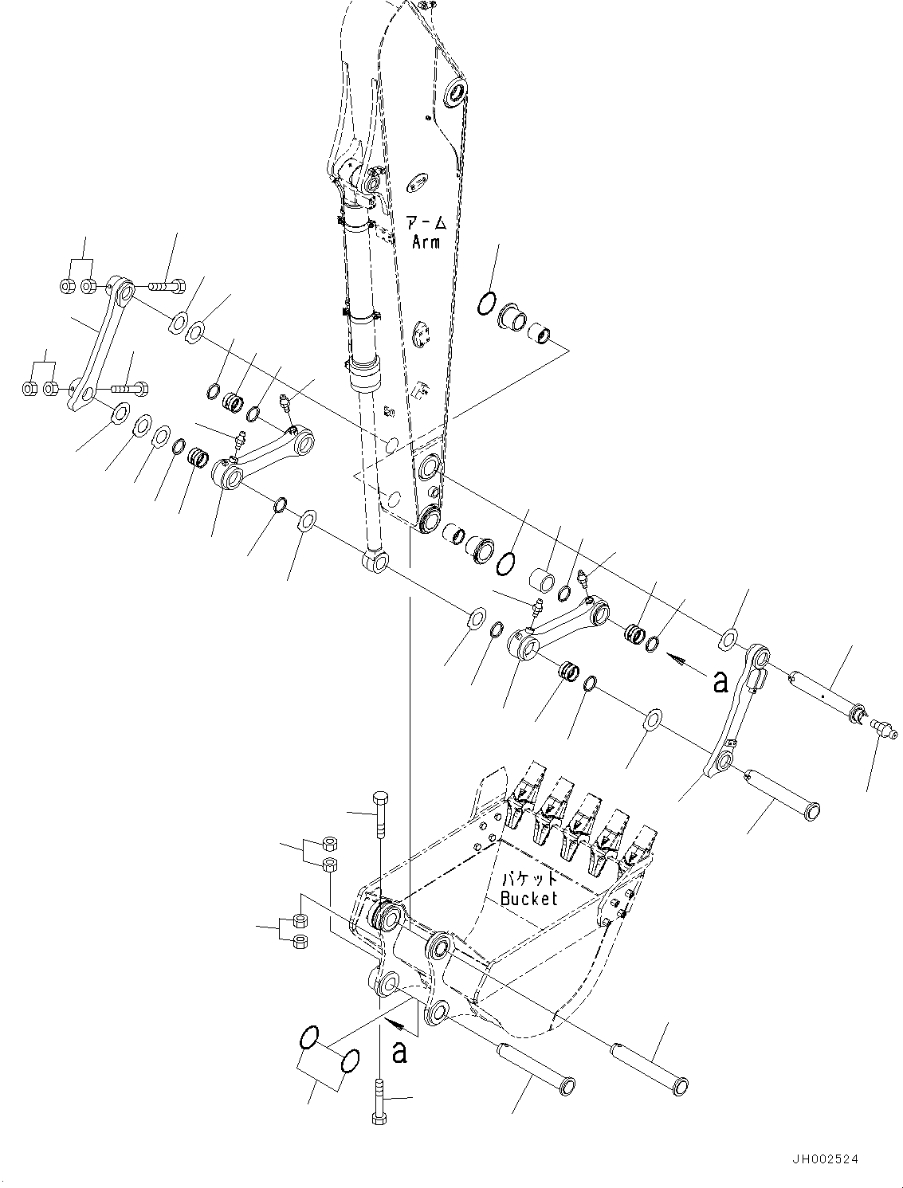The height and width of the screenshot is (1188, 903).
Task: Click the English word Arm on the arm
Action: [x=426, y=241]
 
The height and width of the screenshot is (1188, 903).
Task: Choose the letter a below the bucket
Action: [x=399, y=1052]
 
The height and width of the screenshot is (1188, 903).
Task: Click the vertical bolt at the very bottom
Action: [x=378, y=1100]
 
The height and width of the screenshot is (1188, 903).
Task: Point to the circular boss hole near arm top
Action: [x=457, y=92]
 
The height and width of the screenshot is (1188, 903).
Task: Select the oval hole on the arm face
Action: [x=418, y=183]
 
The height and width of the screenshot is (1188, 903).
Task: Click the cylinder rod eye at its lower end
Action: [x=375, y=562]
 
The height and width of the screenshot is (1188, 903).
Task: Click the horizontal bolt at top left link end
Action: [x=166, y=285]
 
